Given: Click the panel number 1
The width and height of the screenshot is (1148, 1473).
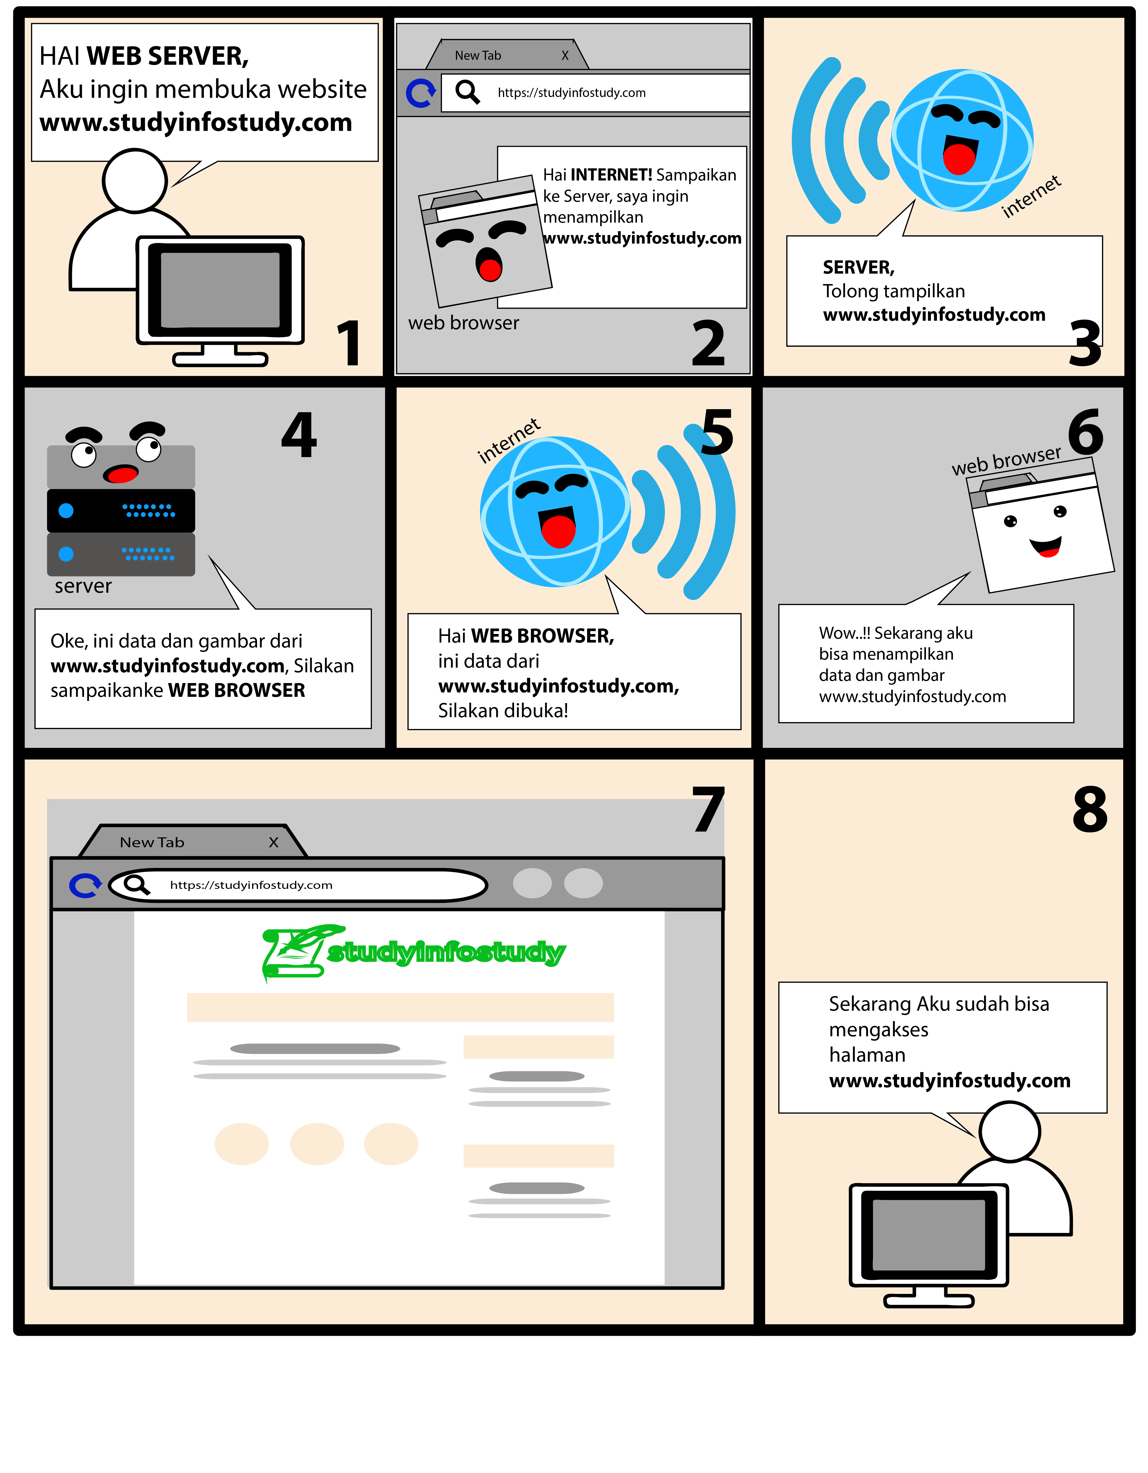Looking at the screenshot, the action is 349,344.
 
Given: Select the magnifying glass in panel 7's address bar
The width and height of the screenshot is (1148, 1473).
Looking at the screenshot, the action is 136,884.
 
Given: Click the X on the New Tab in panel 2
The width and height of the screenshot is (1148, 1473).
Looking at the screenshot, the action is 565,55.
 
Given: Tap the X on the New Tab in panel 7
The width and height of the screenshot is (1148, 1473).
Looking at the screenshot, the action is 273,842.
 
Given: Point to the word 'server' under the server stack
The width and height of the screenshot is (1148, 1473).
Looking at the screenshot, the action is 83,586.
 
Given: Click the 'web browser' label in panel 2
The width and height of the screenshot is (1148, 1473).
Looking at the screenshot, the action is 463,323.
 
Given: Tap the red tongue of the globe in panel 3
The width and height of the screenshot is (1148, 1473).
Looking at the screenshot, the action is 958,159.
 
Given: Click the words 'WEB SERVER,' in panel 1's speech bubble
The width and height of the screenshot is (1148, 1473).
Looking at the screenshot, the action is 167,56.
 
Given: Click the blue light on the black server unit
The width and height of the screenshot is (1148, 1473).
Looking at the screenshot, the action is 66,511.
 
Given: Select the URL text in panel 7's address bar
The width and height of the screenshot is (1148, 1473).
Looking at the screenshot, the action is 251,885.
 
